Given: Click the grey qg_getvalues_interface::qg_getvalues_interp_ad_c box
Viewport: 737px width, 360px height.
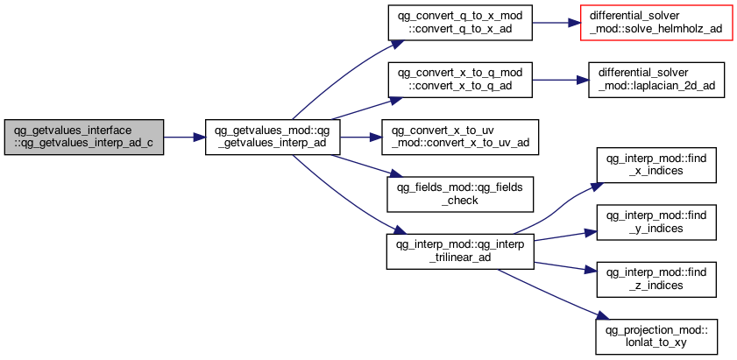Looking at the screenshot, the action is (84, 138).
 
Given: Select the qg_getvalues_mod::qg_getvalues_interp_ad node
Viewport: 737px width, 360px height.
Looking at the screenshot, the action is (273, 138).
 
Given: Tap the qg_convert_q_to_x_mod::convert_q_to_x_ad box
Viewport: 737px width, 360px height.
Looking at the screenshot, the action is (460, 23).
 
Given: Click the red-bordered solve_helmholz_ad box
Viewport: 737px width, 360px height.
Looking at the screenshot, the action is (656, 23).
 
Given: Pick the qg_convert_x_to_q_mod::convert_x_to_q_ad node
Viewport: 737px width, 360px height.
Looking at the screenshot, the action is (460, 80).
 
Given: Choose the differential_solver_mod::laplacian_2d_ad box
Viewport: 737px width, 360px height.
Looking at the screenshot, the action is (656, 80).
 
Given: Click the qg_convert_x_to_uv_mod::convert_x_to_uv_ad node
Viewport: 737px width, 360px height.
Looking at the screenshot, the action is (459, 138).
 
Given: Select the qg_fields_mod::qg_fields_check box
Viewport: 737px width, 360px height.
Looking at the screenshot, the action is (460, 194).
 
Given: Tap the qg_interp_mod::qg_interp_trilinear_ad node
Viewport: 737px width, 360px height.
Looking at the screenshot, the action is (460, 251).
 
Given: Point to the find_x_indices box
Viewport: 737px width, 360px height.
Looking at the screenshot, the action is (656, 165).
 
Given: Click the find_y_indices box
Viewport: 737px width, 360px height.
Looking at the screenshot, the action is (656, 222).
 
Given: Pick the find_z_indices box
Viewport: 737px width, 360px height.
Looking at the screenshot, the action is (656, 279).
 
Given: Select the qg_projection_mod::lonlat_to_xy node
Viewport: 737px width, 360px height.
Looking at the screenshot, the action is (656, 337).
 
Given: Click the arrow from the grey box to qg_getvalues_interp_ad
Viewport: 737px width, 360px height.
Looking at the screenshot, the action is (184, 138).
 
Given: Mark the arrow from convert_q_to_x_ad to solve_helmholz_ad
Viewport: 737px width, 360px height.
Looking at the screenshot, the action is (556, 23).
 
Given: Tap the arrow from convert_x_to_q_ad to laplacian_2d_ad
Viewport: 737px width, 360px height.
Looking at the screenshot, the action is (560, 80).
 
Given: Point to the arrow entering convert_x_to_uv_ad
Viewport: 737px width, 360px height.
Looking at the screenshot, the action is (360, 138).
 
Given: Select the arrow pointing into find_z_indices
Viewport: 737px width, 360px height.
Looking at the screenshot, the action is (565, 267).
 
